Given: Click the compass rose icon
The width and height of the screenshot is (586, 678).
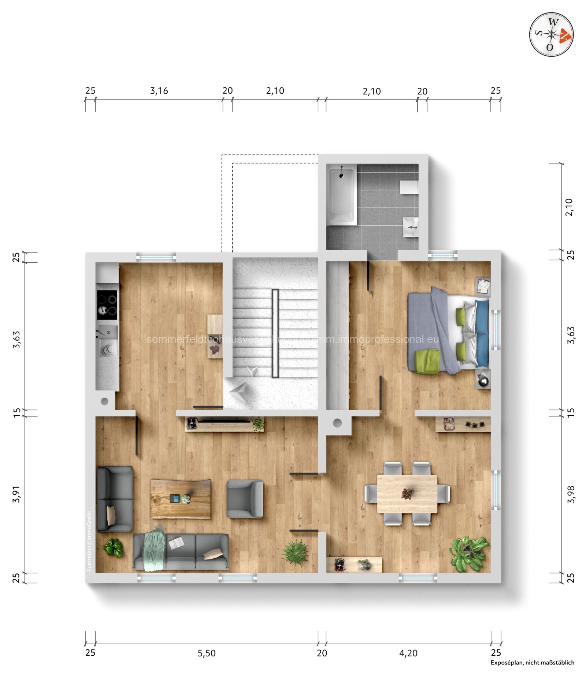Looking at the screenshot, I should click(x=551, y=35).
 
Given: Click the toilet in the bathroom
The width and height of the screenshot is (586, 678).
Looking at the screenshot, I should click(x=409, y=187).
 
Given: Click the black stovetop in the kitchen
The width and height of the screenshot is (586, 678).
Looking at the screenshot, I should click(x=107, y=304).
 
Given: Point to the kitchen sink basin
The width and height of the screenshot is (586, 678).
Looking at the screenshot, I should click(x=108, y=332).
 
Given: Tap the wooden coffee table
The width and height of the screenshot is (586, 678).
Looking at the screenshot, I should click(x=180, y=499).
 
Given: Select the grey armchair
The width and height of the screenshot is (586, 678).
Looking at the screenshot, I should click(x=244, y=499).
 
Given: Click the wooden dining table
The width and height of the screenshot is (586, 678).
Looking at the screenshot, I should click(x=407, y=493).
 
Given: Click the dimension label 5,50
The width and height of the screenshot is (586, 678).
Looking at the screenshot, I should click(x=207, y=653).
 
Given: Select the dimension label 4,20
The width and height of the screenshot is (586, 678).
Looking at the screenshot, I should click(x=408, y=653).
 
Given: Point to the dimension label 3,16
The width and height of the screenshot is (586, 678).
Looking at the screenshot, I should click(x=159, y=91).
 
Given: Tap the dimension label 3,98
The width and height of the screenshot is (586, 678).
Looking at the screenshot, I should click(x=571, y=494).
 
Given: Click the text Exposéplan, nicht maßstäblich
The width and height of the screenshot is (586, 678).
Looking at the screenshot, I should click(x=532, y=662).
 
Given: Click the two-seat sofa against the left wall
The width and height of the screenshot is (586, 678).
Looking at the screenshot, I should click(x=114, y=498).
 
